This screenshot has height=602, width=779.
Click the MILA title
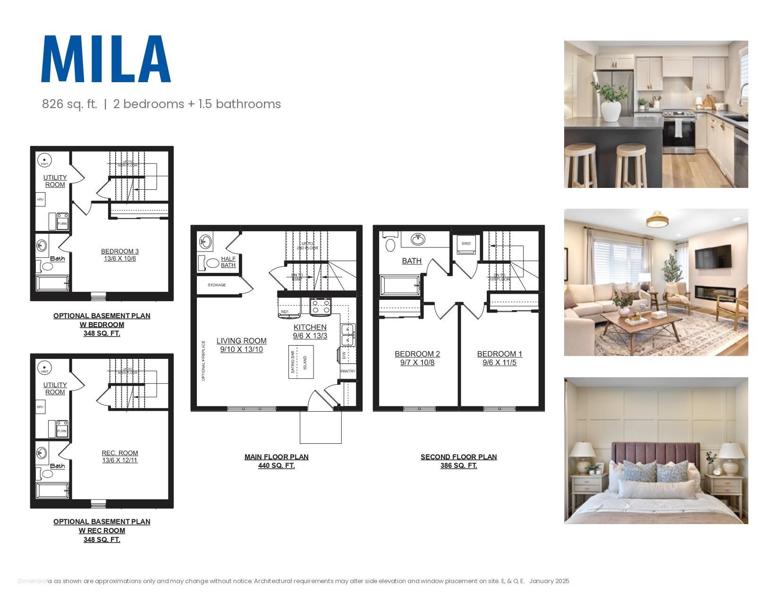[106, 59]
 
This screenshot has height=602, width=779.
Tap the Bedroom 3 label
[120, 255]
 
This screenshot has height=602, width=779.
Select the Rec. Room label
[120, 457]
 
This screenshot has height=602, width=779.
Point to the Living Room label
[241, 345]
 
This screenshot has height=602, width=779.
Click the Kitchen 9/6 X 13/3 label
[310, 331]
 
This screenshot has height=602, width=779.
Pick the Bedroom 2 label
[417, 358]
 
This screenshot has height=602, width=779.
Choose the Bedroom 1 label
[500, 358]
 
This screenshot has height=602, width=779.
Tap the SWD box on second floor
[466, 244]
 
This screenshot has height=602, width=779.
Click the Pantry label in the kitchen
[347, 371]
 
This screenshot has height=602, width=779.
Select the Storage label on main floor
[217, 285]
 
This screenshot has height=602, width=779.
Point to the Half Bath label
[228, 262]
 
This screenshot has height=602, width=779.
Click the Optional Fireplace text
[203, 361]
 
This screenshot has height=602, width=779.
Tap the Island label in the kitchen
[305, 363]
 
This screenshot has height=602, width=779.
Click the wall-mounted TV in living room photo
[713, 256]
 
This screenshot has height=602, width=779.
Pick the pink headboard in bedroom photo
[656, 454]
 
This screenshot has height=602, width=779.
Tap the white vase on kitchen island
[611, 111]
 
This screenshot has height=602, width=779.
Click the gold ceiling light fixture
[657, 220]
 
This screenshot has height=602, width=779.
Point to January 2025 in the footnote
[549, 581]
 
